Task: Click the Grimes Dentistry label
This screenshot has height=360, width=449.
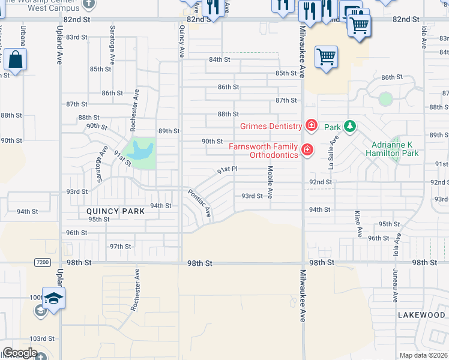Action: click(x=271, y=126)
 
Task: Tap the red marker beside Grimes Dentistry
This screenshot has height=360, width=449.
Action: click(x=311, y=125)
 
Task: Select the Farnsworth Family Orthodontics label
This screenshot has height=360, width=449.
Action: click(x=265, y=151)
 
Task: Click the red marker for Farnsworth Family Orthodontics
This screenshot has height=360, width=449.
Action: click(x=307, y=149)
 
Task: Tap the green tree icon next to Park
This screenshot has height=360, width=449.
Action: click(x=350, y=127)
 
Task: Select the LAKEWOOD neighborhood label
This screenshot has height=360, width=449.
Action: click(x=421, y=314)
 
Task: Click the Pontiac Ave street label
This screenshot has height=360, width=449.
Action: click(x=200, y=203)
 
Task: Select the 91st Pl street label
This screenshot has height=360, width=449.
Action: click(x=228, y=170)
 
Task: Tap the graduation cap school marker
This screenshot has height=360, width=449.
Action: click(x=53, y=299)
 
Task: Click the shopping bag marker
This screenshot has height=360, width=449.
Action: click(x=15, y=60)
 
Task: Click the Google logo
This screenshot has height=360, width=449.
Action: click(x=19, y=353)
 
